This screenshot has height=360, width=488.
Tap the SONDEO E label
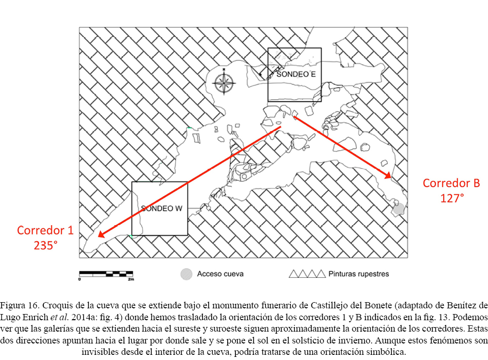(x=296, y=74)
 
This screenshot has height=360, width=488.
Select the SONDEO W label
(x=162, y=209)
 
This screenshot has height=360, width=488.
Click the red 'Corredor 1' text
(x=45, y=230)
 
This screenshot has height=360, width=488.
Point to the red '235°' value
(x=45, y=245)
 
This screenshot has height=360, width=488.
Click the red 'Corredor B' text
(x=451, y=183)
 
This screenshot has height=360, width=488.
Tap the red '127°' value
(x=452, y=198)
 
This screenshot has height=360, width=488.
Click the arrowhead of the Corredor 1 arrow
(x=101, y=234)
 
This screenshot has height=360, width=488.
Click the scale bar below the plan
(x=106, y=274)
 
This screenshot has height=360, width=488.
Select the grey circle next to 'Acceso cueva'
(x=186, y=274)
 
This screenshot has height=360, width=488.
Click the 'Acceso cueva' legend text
(x=220, y=274)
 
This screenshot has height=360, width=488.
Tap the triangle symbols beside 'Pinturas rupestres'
(x=307, y=274)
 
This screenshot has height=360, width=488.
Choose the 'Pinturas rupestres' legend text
(x=358, y=274)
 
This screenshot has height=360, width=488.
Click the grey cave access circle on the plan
(x=398, y=209)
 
